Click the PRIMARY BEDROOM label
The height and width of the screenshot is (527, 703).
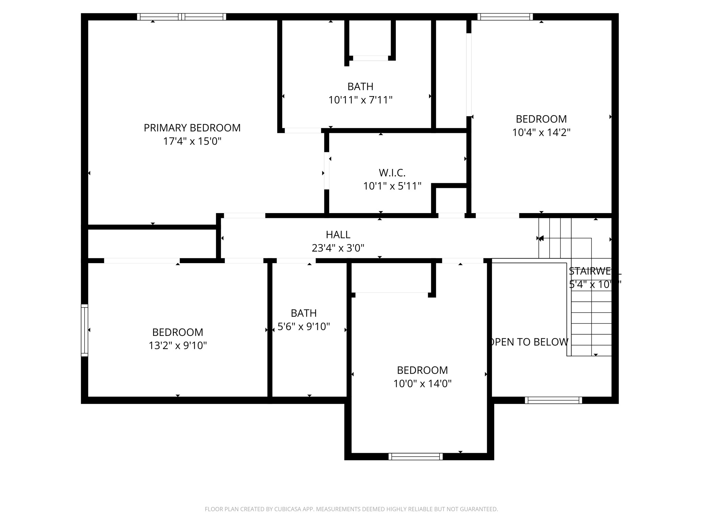(x=192, y=128)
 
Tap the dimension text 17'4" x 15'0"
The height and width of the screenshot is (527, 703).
(x=192, y=141)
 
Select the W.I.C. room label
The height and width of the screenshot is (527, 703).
(x=392, y=173)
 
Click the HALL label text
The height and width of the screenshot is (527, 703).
(x=338, y=235)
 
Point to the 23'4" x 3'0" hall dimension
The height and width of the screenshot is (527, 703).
(x=338, y=248)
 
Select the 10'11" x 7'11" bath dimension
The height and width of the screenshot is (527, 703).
(x=360, y=100)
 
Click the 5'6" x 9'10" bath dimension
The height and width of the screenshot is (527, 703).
(x=303, y=327)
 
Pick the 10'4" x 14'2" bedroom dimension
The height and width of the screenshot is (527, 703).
(x=541, y=132)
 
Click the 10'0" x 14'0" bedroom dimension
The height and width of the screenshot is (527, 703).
(x=422, y=384)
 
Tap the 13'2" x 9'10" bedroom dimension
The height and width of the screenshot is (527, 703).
(x=177, y=346)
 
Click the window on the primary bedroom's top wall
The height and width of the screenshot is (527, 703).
(x=181, y=17)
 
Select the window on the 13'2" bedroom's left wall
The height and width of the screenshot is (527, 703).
(x=84, y=330)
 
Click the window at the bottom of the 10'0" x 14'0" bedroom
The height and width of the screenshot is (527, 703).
(x=415, y=456)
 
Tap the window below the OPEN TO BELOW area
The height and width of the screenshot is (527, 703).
(x=553, y=400)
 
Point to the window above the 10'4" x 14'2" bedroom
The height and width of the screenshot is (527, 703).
(x=505, y=17)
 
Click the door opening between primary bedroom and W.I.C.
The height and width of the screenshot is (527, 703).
(x=326, y=171)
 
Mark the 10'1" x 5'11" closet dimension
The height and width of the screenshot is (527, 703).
(x=392, y=186)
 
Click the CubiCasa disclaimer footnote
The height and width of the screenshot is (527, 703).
(x=351, y=509)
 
